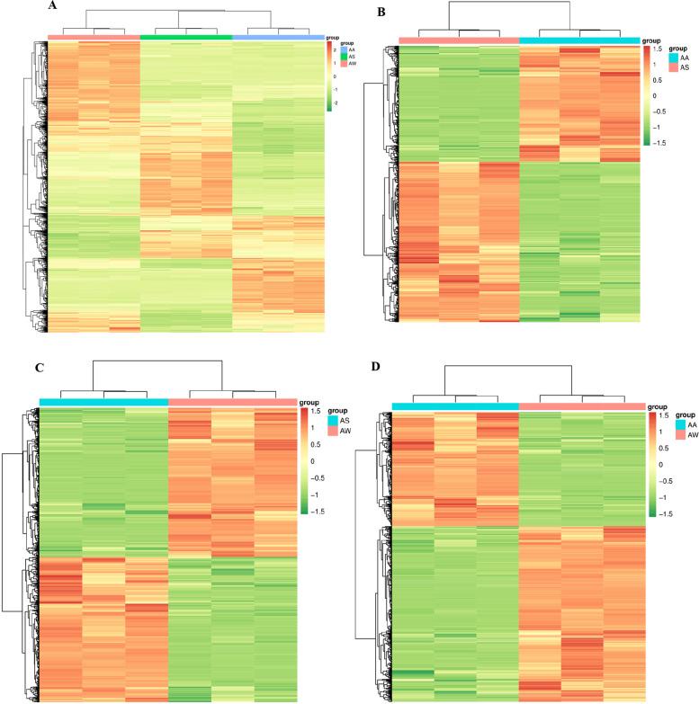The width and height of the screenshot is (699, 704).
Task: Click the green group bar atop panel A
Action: (x=186, y=37)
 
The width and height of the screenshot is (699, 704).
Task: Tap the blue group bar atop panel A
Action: (x=279, y=37)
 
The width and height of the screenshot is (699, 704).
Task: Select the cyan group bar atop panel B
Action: (x=579, y=40)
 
